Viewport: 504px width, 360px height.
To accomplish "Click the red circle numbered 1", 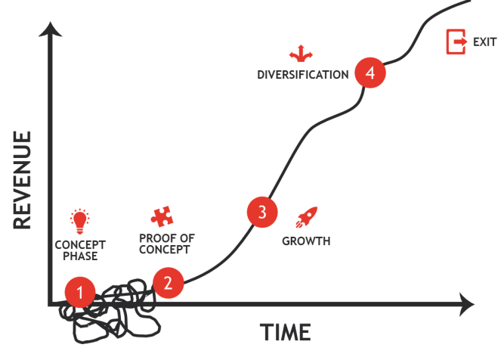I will click(80, 291).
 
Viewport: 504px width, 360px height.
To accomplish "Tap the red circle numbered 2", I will click(168, 283).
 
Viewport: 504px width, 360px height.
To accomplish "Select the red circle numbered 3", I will click(262, 212).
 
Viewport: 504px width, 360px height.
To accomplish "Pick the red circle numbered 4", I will click(369, 73).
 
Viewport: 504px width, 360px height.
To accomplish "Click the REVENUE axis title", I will click(22, 179).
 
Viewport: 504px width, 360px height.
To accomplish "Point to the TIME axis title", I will click(286, 331).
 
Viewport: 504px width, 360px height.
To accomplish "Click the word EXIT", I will click(484, 42).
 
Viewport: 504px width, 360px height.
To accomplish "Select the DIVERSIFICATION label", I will click(302, 75).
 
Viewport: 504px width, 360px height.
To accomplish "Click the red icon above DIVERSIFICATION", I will click(301, 53).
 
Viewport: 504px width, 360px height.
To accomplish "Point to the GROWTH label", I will click(306, 241).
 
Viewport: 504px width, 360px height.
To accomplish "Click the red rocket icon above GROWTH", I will click(307, 217).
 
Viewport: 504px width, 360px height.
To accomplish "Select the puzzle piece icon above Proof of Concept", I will click(160, 217).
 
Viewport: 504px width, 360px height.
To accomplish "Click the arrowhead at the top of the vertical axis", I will click(51, 30).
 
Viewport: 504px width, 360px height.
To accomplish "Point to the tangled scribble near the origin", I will click(117, 310).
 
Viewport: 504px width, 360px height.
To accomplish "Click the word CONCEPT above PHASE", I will click(80, 244).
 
